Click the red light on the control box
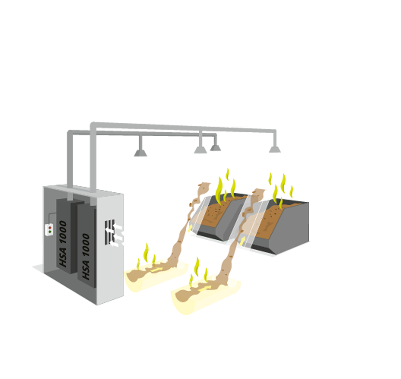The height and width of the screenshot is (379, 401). pos(49,228)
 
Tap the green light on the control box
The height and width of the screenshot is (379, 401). pos(49,232)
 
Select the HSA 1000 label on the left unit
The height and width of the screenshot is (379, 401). pos(63,244)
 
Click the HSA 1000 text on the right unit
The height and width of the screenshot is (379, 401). pos(86,257)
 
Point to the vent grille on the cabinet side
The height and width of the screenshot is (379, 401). pos(110,232)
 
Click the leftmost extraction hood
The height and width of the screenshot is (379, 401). pos(140,153)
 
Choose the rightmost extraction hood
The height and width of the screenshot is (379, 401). pos(274,149)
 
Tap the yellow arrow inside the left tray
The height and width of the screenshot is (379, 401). pos(156,269)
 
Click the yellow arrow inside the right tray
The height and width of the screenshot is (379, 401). pos(205,288)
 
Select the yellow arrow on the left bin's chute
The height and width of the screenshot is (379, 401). pos(190,228)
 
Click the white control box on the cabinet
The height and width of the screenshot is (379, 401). pos(49,230)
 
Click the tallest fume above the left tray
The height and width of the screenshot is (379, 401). pos(146,253)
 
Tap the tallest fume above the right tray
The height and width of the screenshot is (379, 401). pos(196,267)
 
